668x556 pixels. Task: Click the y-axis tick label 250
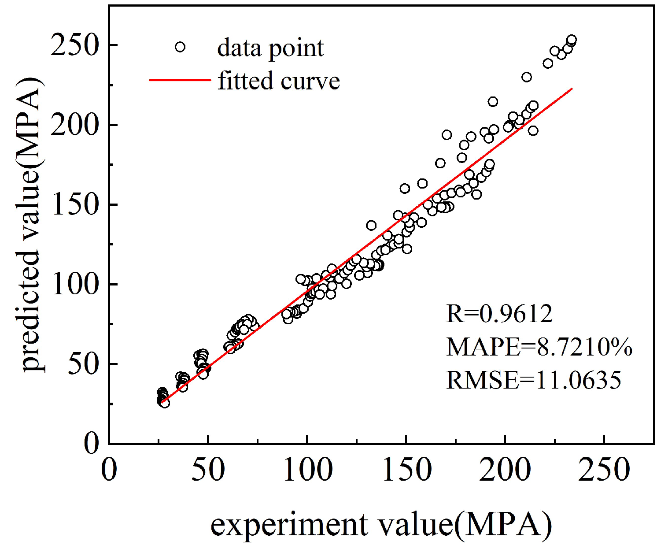[74, 46]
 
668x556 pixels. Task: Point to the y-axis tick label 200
[74, 126]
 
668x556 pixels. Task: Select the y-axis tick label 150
[74, 205]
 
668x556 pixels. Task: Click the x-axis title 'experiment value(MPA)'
[381, 525]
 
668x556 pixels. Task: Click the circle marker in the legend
[180, 47]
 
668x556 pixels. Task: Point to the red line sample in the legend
[180, 80]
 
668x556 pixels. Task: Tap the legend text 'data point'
[270, 48]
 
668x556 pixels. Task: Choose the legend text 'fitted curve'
[279, 81]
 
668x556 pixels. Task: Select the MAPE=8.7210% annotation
[539, 347]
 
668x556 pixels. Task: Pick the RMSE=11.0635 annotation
[533, 380]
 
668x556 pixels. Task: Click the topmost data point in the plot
[572, 40]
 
